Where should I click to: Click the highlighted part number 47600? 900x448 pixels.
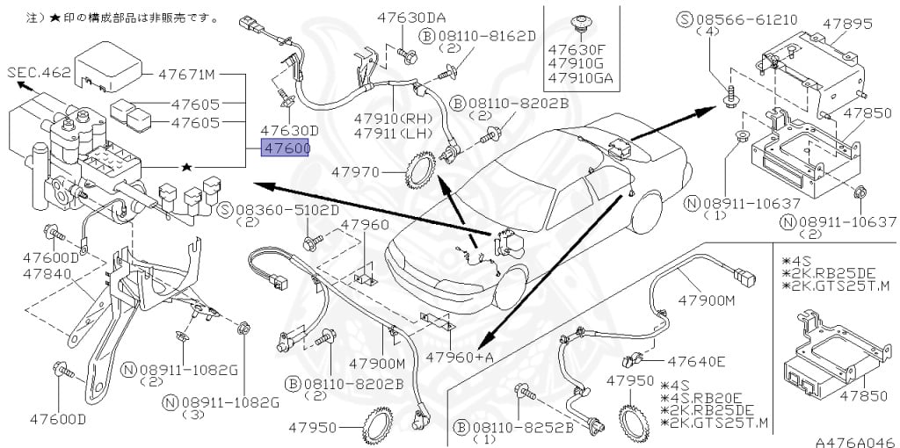(286, 149)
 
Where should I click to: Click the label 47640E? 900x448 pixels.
(696, 360)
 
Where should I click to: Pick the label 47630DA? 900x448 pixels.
(412, 18)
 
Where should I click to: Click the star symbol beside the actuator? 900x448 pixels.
(185, 165)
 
